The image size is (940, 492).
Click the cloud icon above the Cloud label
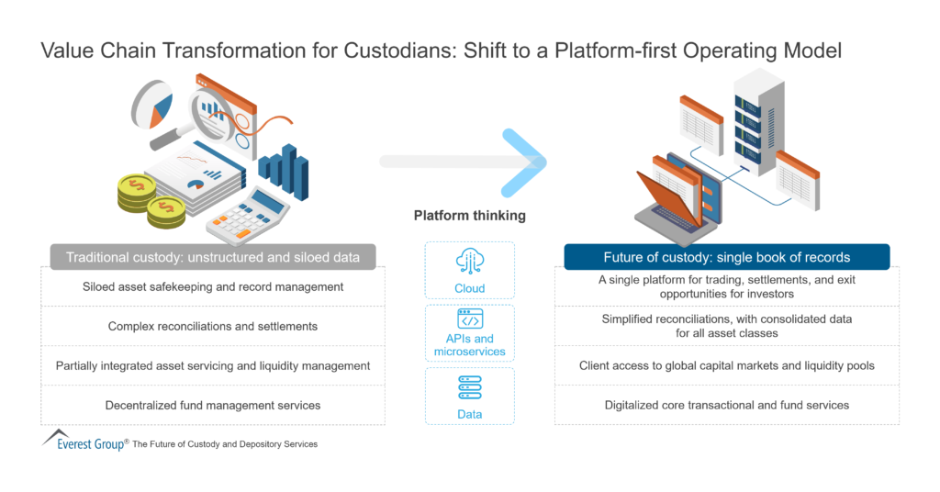point(470,262)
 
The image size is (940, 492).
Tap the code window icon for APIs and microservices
point(470,321)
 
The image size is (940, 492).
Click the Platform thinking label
point(470,217)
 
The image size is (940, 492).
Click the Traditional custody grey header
point(211,257)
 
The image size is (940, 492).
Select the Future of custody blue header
point(727,257)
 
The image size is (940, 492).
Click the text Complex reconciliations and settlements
point(212,326)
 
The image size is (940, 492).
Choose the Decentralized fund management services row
point(212,405)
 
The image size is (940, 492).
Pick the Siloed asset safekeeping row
point(212,286)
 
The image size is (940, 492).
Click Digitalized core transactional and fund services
point(727,405)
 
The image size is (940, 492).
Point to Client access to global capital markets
point(727,365)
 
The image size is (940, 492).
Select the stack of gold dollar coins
point(147,197)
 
